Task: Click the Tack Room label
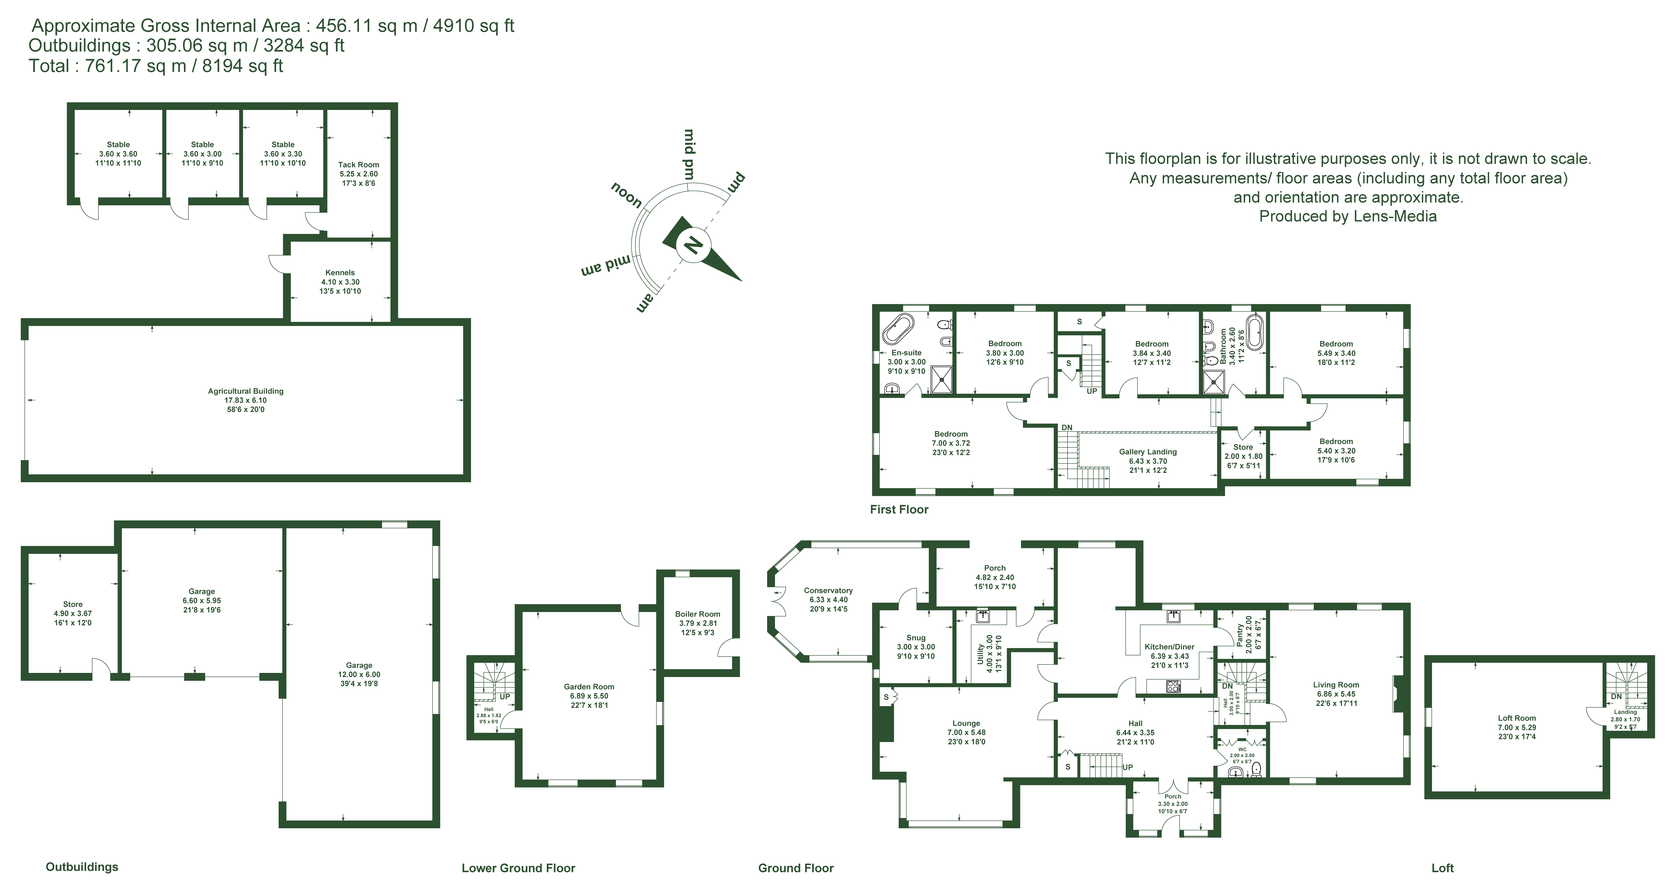(358, 165)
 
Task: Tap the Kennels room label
(340, 273)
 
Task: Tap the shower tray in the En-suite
(941, 380)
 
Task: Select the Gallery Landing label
(1148, 452)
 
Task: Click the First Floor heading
(899, 509)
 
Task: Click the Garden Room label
(589, 686)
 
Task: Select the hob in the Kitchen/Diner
(1173, 686)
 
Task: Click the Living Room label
(1336, 685)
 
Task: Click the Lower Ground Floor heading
(518, 868)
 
